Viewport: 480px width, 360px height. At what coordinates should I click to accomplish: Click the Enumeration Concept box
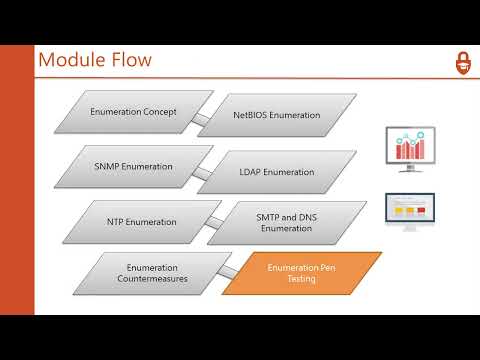click(x=132, y=112)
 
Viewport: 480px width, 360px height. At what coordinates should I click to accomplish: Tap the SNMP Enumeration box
click(x=132, y=166)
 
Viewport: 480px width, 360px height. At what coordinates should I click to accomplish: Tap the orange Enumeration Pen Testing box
click(x=300, y=273)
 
